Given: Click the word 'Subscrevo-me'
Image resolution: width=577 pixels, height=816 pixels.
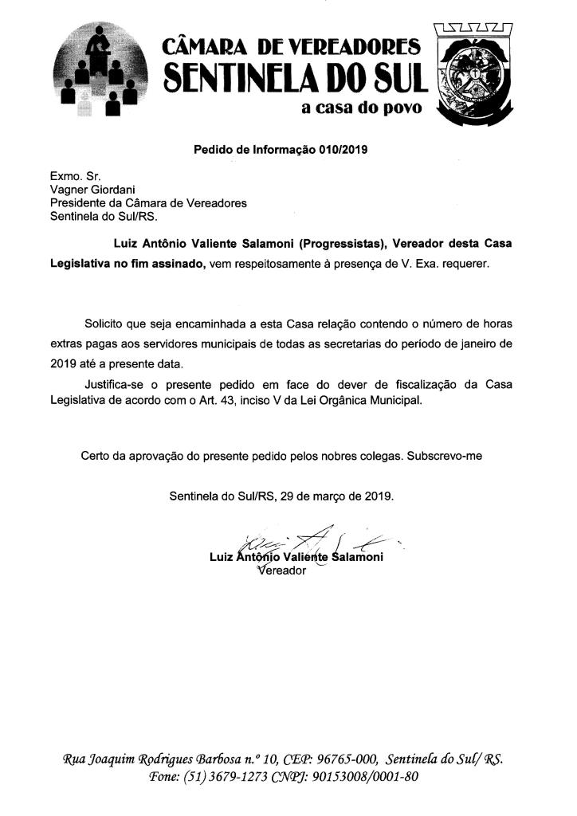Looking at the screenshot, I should click(444, 456).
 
